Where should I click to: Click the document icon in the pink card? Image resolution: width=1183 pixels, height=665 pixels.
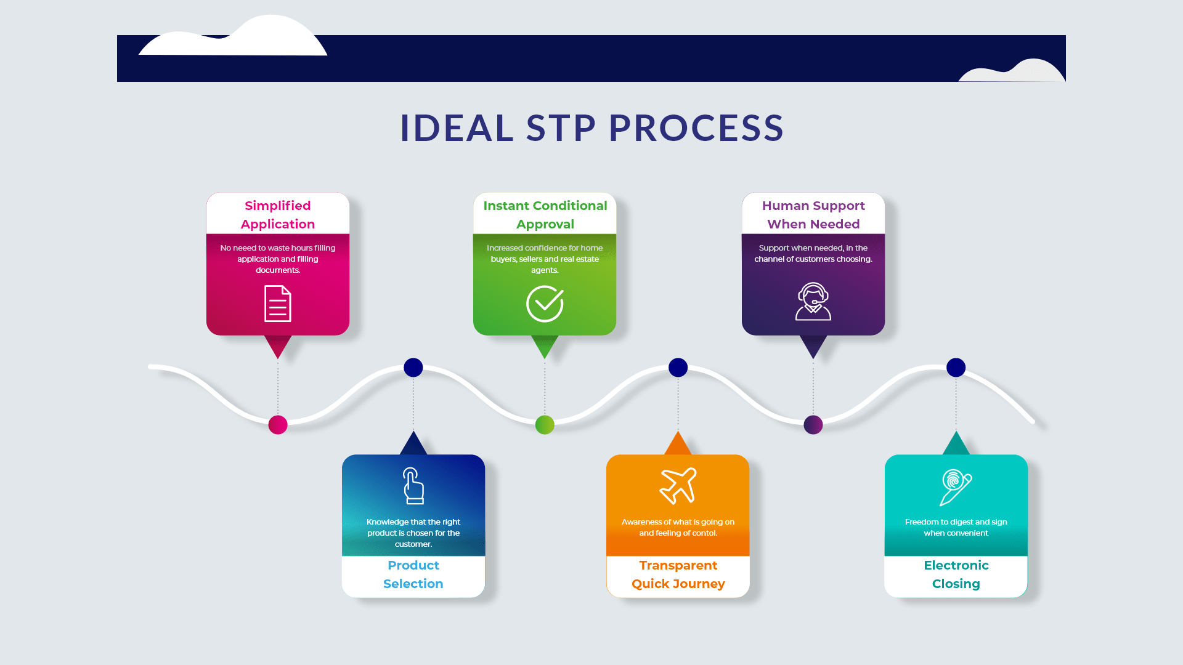pos(277,304)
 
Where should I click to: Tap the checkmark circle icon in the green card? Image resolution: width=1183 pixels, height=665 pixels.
pos(545,304)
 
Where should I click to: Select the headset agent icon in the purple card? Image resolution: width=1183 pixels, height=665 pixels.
pos(813,302)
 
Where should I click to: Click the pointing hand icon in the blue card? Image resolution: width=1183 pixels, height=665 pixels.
pos(413,486)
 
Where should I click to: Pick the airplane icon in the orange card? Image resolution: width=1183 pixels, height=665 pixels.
pos(678,486)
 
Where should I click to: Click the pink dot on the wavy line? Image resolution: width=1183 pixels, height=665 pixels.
pos(278,425)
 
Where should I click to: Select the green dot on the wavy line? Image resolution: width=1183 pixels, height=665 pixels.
pos(545,425)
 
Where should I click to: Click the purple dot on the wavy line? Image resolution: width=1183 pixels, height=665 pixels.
pos(813,425)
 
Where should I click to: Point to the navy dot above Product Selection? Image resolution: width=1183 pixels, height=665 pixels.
pos(413,368)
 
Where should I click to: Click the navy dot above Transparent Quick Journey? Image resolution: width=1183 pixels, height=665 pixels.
pos(678,368)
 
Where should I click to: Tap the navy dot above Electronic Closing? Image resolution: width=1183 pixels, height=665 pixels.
pos(956,368)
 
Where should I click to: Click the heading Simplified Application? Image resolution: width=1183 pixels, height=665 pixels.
pos(278,215)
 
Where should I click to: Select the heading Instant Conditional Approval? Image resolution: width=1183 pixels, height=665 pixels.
pos(545,215)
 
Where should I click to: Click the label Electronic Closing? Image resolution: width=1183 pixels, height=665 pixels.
pos(956,574)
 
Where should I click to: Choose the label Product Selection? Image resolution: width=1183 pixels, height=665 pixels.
pos(413,574)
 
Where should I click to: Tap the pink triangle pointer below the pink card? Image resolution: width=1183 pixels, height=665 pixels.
pos(278,345)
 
